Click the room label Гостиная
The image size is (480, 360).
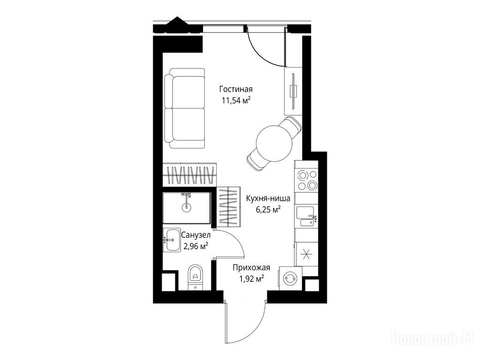coord(236,89)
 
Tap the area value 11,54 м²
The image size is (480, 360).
coord(236,100)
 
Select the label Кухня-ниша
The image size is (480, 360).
coord(268,198)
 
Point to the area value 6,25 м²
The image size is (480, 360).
coord(268,210)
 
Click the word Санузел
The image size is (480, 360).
coord(195,235)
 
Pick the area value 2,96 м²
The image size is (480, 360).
coord(195,246)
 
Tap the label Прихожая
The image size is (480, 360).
coord(251,268)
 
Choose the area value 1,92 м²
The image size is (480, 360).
coord(252,279)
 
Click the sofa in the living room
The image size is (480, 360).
coord(185,109)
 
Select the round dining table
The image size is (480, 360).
coord(274,142)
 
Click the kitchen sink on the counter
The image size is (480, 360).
coord(307,216)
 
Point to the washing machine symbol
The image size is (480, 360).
coord(290,278)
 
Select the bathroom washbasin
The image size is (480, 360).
coord(171,240)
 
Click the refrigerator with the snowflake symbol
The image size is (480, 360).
coord(306,254)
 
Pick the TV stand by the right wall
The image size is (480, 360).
coord(293,91)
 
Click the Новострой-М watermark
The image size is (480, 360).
coord(433,339)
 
